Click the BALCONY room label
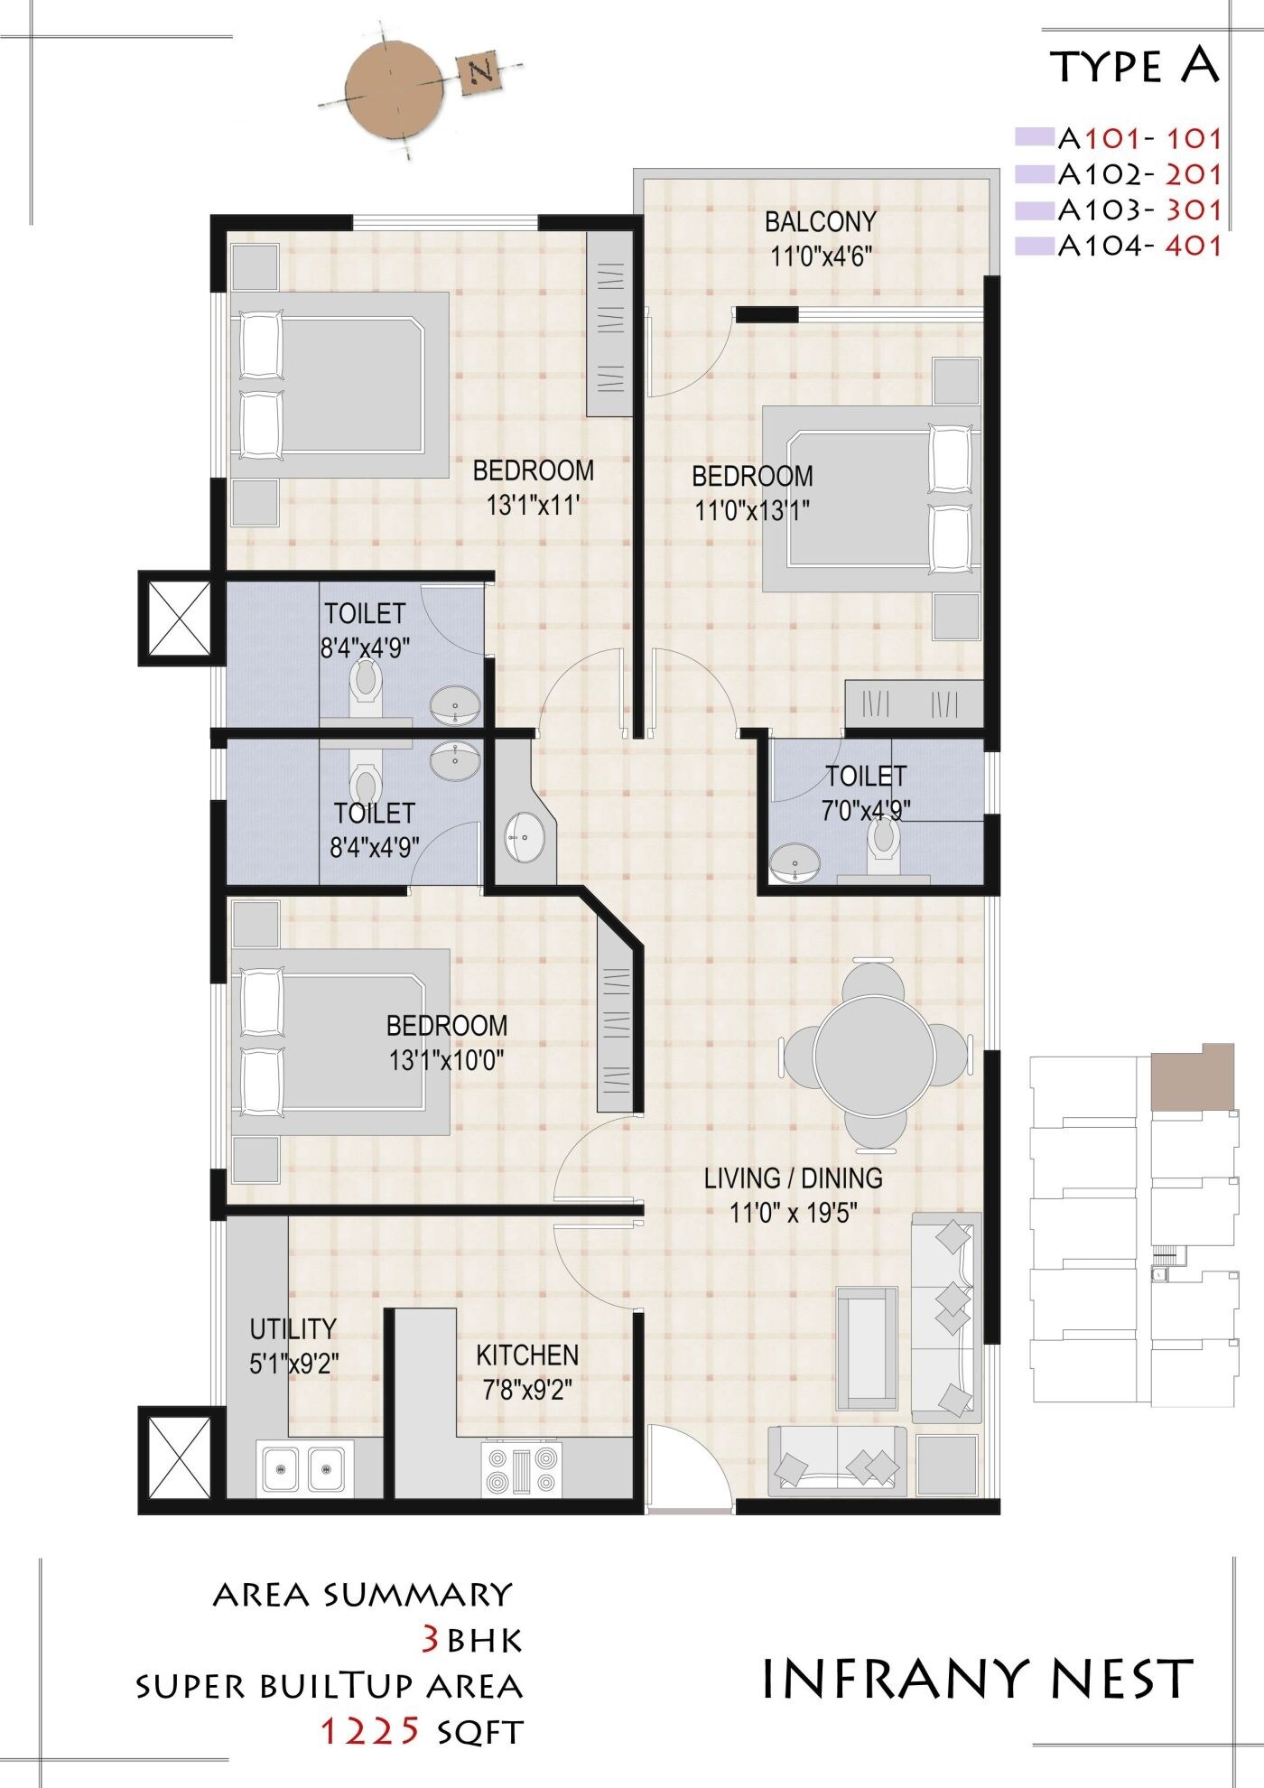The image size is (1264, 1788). (x=820, y=221)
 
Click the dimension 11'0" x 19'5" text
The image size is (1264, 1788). (x=793, y=1212)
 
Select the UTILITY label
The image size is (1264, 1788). (x=293, y=1328)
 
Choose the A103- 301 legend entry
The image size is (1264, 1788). (x=1139, y=210)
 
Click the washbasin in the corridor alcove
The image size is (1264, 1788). (x=524, y=836)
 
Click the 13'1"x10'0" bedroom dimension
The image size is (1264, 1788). (x=446, y=1059)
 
